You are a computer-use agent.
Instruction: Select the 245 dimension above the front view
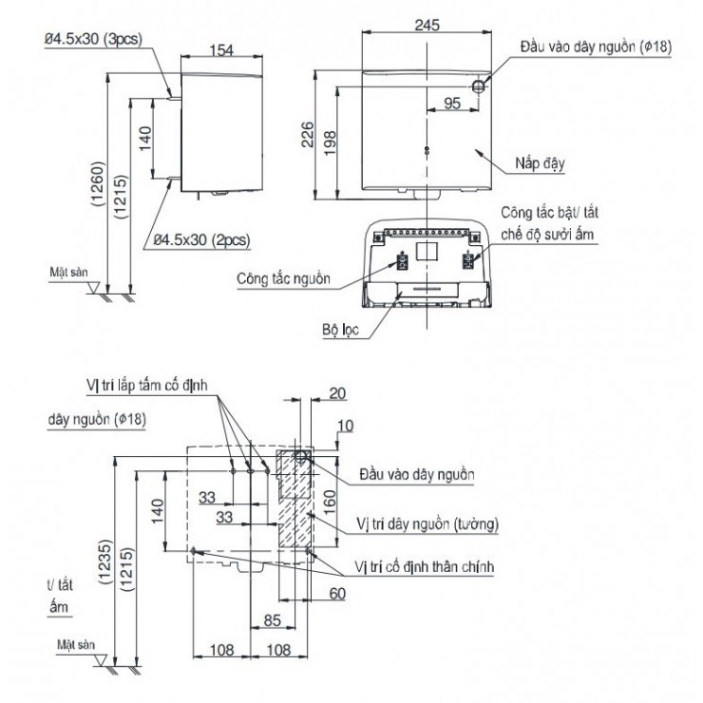(427, 26)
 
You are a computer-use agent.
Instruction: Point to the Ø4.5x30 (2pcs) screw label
(202, 240)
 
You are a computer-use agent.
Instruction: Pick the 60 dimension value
(336, 594)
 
